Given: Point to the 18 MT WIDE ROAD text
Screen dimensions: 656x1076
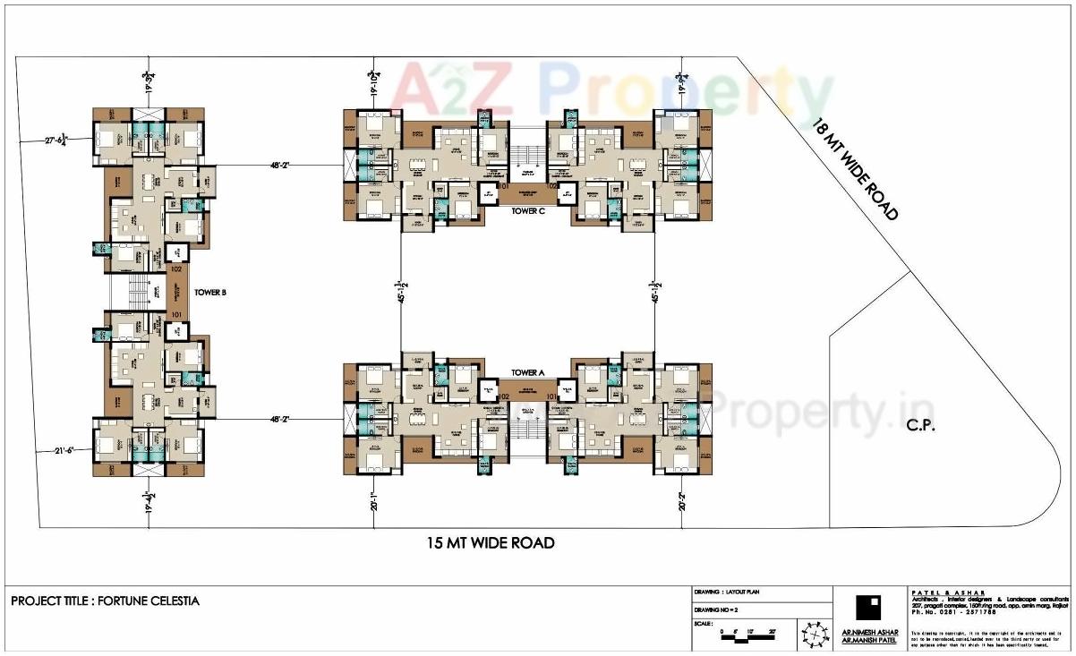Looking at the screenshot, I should [x=855, y=169].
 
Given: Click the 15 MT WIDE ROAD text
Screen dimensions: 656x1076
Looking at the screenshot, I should [x=490, y=542].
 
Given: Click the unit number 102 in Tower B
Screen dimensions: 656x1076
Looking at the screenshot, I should [x=176, y=268].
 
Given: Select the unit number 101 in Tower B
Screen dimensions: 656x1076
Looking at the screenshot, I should [x=176, y=314].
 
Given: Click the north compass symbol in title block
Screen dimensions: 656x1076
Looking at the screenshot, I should [x=815, y=634].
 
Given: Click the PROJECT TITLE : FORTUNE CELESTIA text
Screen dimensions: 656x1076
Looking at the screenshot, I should [x=105, y=601].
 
